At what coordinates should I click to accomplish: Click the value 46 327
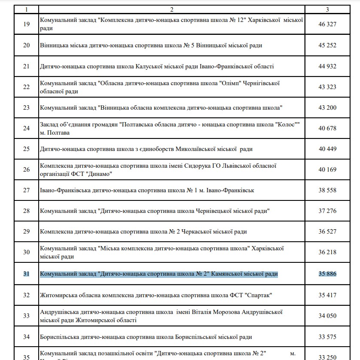pyautogui.click(x=327, y=24)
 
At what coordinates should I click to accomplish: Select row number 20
pyautogui.click(x=27, y=45)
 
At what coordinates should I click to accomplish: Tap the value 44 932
pyautogui.click(x=327, y=66)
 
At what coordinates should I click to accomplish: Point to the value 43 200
pyautogui.click(x=327, y=108)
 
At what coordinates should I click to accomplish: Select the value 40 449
pyautogui.click(x=327, y=149)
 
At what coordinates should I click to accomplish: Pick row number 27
pyautogui.click(x=27, y=190)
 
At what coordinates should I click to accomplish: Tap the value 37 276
pyautogui.click(x=327, y=211)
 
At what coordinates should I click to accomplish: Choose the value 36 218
pyautogui.click(x=327, y=252)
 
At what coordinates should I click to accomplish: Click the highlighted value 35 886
pyautogui.click(x=327, y=274)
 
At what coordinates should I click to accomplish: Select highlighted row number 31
pyautogui.click(x=27, y=274)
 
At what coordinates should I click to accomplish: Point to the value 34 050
pyautogui.click(x=327, y=316)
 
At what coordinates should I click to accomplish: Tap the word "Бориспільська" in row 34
pyautogui.click(x=60, y=337)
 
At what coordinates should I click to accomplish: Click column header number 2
pyautogui.click(x=171, y=9)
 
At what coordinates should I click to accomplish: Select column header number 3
pyautogui.click(x=327, y=9)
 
